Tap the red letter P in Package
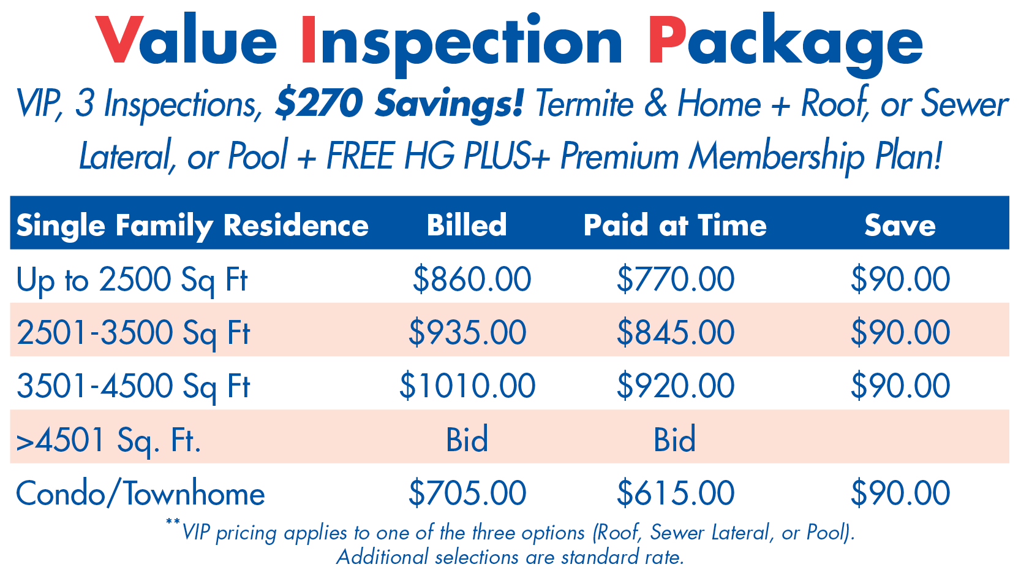pyautogui.click(x=667, y=40)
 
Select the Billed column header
pyautogui.click(x=467, y=225)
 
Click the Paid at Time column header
pyautogui.click(x=675, y=225)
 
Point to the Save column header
pyautogui.click(x=900, y=226)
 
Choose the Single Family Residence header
pyautogui.click(x=192, y=226)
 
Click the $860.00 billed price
pyautogui.click(x=472, y=279)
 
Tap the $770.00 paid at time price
pyautogui.click(x=676, y=279)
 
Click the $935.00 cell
pyautogui.click(x=467, y=332)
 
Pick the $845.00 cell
pyautogui.click(x=676, y=332)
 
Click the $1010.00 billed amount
pyautogui.click(x=467, y=386)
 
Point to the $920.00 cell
pyautogui.click(x=676, y=386)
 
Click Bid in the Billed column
pyautogui.click(x=467, y=439)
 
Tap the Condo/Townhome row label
pyautogui.click(x=140, y=493)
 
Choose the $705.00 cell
pyautogui.click(x=467, y=493)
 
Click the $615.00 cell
pyautogui.click(x=676, y=493)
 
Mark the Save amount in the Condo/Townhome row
pyautogui.click(x=900, y=493)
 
